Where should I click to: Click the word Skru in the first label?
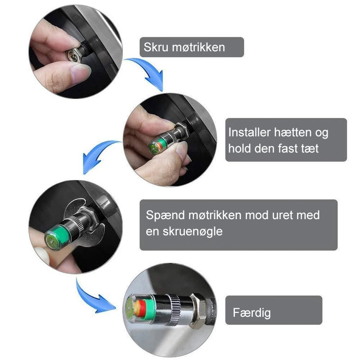pos(156,47)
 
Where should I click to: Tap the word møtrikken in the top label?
pos(198,47)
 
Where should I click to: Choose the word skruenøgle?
pos(193,232)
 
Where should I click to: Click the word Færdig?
pos(252,312)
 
